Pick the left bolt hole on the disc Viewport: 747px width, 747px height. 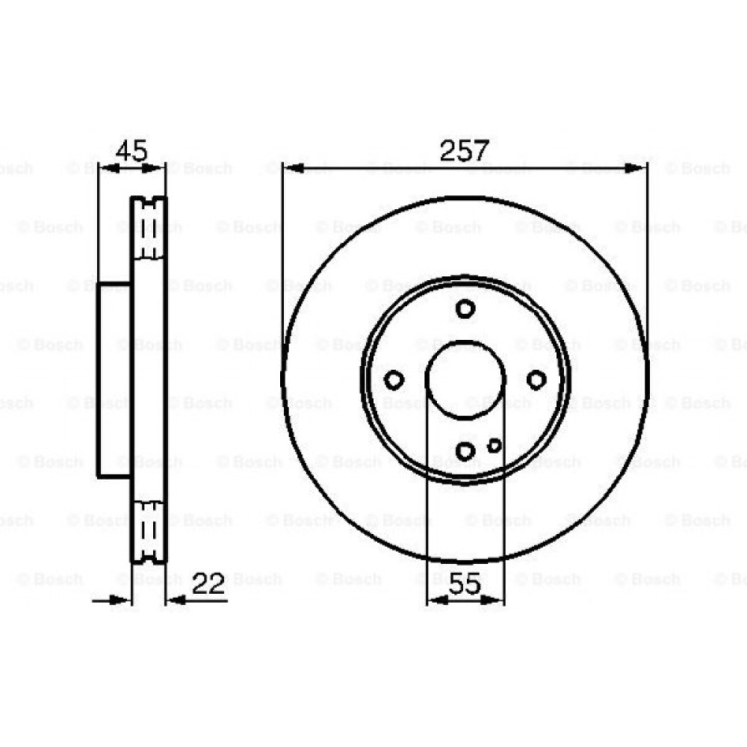pyautogui.click(x=394, y=379)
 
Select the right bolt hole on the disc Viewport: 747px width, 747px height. pyautogui.click(x=536, y=379)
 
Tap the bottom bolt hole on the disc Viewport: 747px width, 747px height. pyautogui.click(x=465, y=450)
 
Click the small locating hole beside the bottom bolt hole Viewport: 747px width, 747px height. pyautogui.click(x=494, y=445)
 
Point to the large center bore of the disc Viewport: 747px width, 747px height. pyautogui.click(x=465, y=379)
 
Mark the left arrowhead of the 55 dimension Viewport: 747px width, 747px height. pyautogui.click(x=434, y=599)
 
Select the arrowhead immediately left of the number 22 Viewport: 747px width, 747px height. pyautogui.click(x=176, y=599)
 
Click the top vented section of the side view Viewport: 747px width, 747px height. pyautogui.click(x=149, y=229)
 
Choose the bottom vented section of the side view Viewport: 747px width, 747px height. pyautogui.click(x=149, y=530)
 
